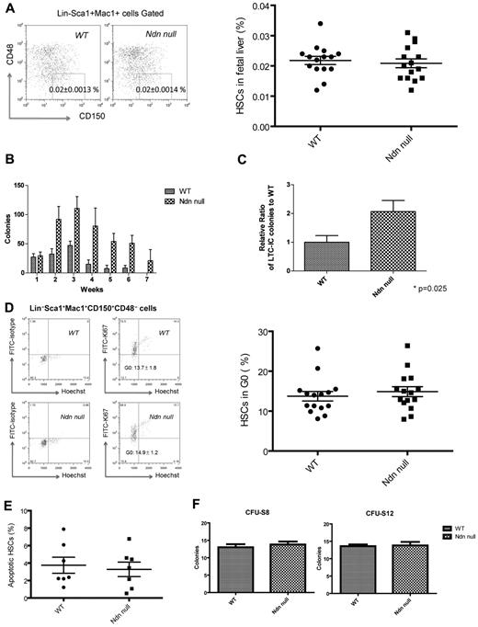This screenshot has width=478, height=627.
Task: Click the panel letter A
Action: pos(7,8)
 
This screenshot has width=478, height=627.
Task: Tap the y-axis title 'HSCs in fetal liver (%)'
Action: pos(258,64)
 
